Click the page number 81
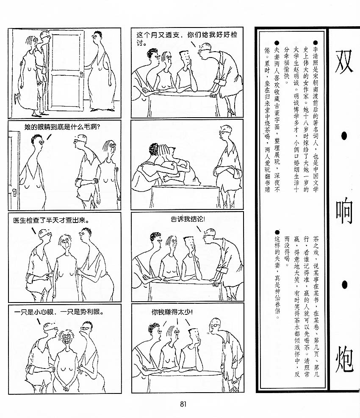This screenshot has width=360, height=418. pyautogui.click(x=183, y=404)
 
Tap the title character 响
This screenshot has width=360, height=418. pyautogui.click(x=344, y=211)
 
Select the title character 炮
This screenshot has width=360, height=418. pyautogui.click(x=344, y=359)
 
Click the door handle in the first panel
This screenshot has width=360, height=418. pyautogui.click(x=81, y=76)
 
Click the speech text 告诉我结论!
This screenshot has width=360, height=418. pyautogui.click(x=188, y=219)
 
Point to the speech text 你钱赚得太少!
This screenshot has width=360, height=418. pyautogui.click(x=172, y=312)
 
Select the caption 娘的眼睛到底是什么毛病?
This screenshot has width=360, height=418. pyautogui.click(x=62, y=127)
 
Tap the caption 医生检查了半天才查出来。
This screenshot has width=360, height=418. pyautogui.click(x=51, y=220)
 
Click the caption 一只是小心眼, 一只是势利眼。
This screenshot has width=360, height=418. pyautogui.click(x=59, y=312)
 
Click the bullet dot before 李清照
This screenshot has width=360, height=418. pyautogui.click(x=316, y=43)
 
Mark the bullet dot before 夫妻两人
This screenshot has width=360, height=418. pyautogui.click(x=277, y=43)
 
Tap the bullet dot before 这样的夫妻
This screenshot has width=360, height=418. pyautogui.click(x=277, y=232)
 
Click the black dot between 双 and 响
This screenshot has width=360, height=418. pyautogui.click(x=344, y=136)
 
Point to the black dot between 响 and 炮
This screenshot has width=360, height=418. pyautogui.click(x=344, y=284)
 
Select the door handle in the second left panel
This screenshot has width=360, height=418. pyautogui.click(x=14, y=192)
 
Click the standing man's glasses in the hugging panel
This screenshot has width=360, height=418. pyautogui.click(x=222, y=132)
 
